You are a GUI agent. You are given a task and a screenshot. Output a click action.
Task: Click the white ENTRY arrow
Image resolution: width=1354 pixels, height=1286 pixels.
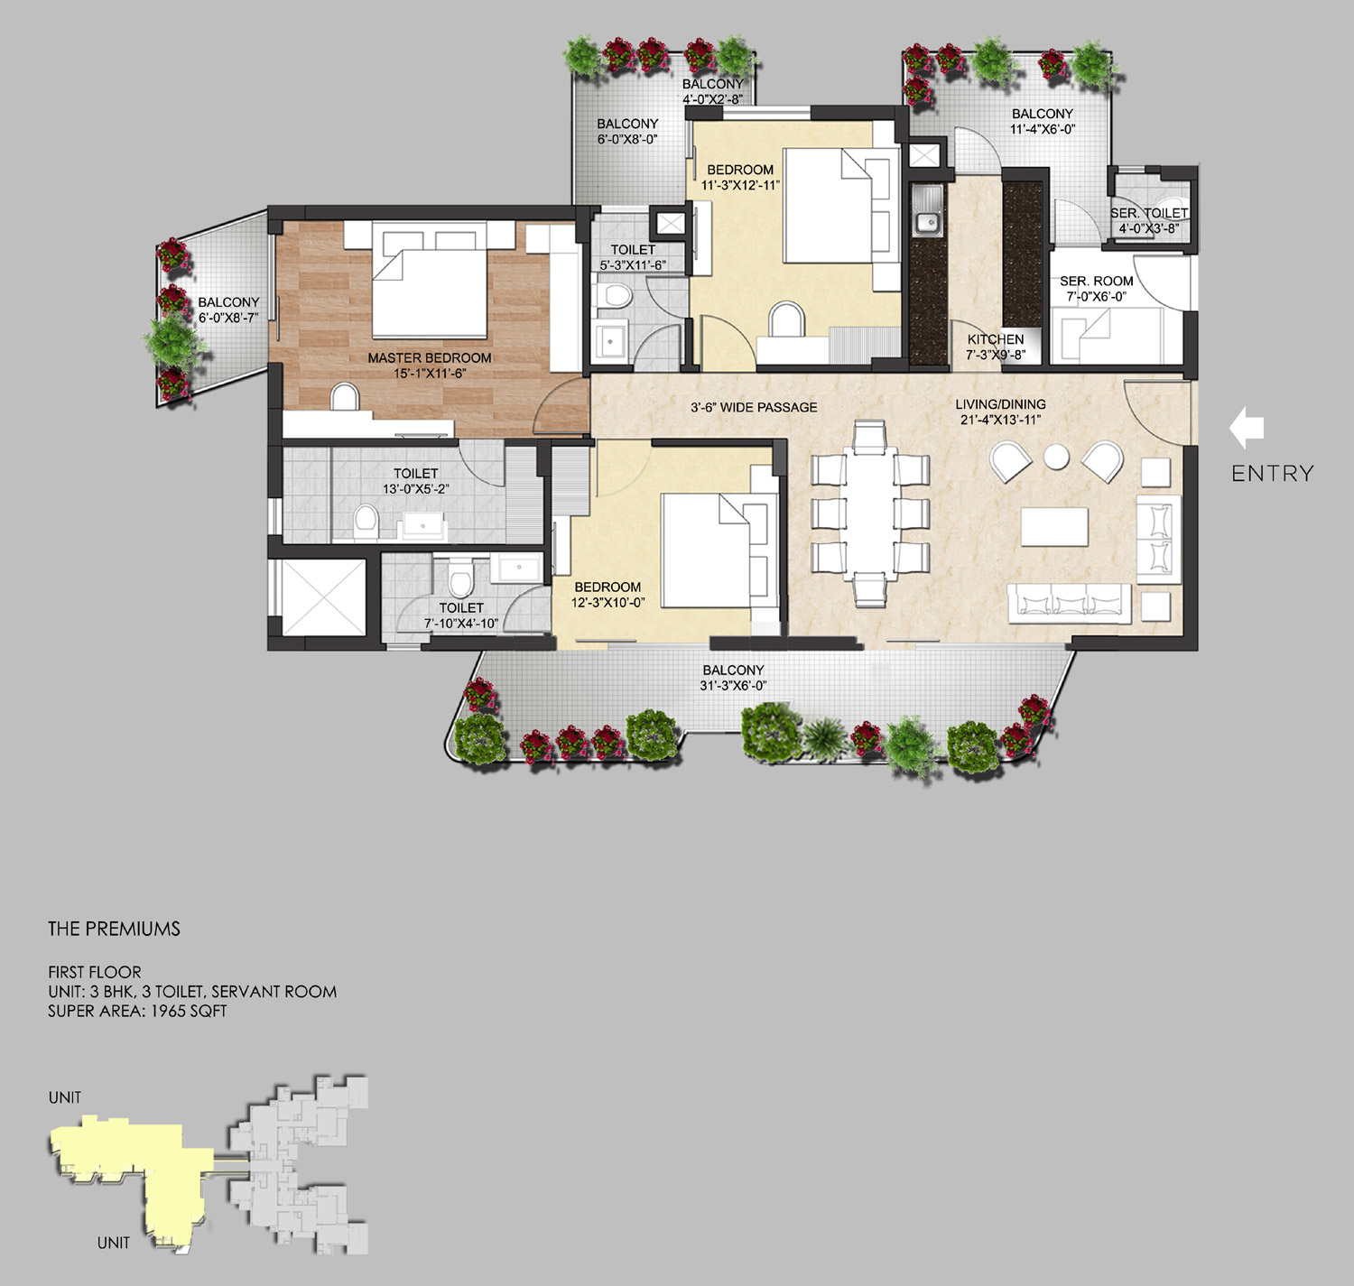tap(1247, 428)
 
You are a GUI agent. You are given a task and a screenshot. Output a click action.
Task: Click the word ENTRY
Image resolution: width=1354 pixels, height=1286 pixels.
tap(1273, 473)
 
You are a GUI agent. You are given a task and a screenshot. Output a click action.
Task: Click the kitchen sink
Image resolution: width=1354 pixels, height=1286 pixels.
tap(927, 213)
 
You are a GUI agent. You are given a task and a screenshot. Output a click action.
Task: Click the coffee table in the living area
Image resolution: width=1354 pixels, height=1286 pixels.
tap(1054, 526)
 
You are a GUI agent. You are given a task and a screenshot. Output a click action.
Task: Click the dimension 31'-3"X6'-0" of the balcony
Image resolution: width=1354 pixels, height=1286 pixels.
tap(734, 685)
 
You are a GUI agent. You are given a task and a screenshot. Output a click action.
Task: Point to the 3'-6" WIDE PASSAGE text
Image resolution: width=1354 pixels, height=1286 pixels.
tap(754, 408)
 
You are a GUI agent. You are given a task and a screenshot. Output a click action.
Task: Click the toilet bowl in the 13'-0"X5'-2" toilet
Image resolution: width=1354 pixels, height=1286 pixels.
tap(366, 523)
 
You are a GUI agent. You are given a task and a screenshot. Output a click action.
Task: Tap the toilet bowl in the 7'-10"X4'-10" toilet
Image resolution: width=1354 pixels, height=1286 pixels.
tap(460, 578)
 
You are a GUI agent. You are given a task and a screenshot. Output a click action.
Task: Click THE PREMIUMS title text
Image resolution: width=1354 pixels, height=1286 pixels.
tap(114, 929)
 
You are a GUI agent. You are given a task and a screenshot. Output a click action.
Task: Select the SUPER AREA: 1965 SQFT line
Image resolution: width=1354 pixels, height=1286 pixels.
tap(137, 1011)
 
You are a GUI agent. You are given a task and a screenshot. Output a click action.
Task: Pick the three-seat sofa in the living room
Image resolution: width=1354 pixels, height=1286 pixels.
tap(1069, 604)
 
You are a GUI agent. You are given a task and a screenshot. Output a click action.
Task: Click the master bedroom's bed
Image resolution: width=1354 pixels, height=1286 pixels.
tap(429, 281)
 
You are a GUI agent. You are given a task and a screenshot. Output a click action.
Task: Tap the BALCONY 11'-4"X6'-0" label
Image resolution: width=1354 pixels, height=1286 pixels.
tap(1042, 121)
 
